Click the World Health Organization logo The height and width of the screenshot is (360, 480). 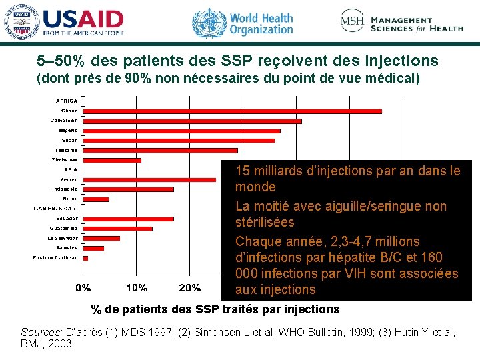click(243, 22)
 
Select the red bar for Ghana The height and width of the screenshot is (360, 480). click(232, 111)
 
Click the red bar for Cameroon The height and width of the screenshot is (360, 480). click(192, 121)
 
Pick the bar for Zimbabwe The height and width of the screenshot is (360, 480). click(112, 160)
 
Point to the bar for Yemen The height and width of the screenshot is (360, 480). click(149, 179)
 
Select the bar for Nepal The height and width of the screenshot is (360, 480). click(96, 199)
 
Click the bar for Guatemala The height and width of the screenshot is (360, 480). click(117, 229)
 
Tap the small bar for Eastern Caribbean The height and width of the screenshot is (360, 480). click(85, 258)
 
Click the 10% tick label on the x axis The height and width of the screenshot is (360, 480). click(137, 288)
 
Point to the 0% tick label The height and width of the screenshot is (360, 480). click(83, 288)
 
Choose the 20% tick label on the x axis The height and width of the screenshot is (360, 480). click(190, 288)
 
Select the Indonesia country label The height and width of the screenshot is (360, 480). click(65, 189)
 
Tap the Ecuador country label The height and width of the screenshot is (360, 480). click(67, 219)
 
